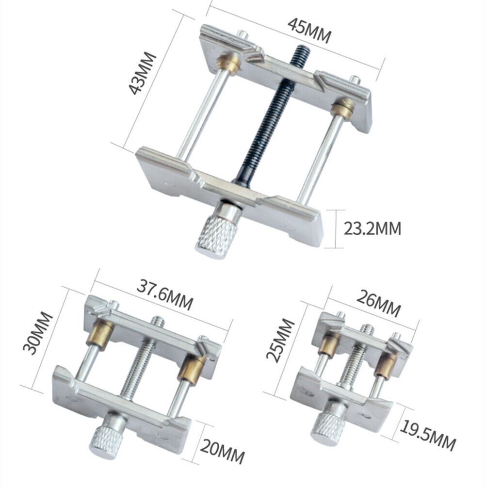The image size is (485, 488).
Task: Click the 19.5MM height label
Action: (x=427, y=435)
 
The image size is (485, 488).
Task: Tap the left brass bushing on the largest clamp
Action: (x=227, y=64)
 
